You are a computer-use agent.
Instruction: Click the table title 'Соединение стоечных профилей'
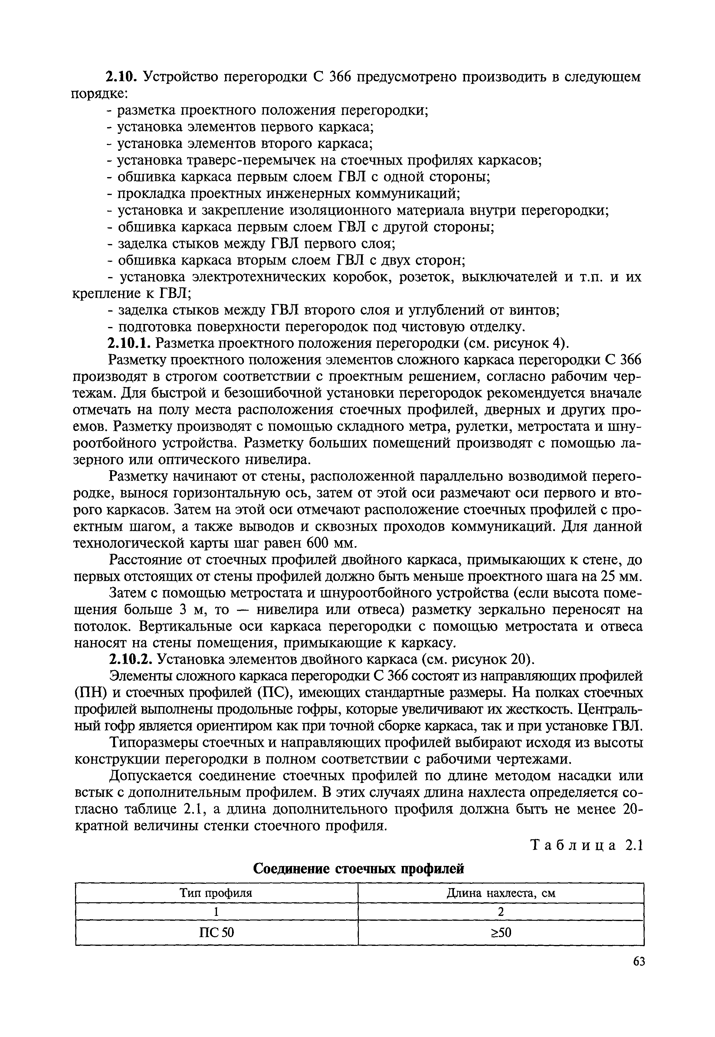(x=358, y=869)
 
